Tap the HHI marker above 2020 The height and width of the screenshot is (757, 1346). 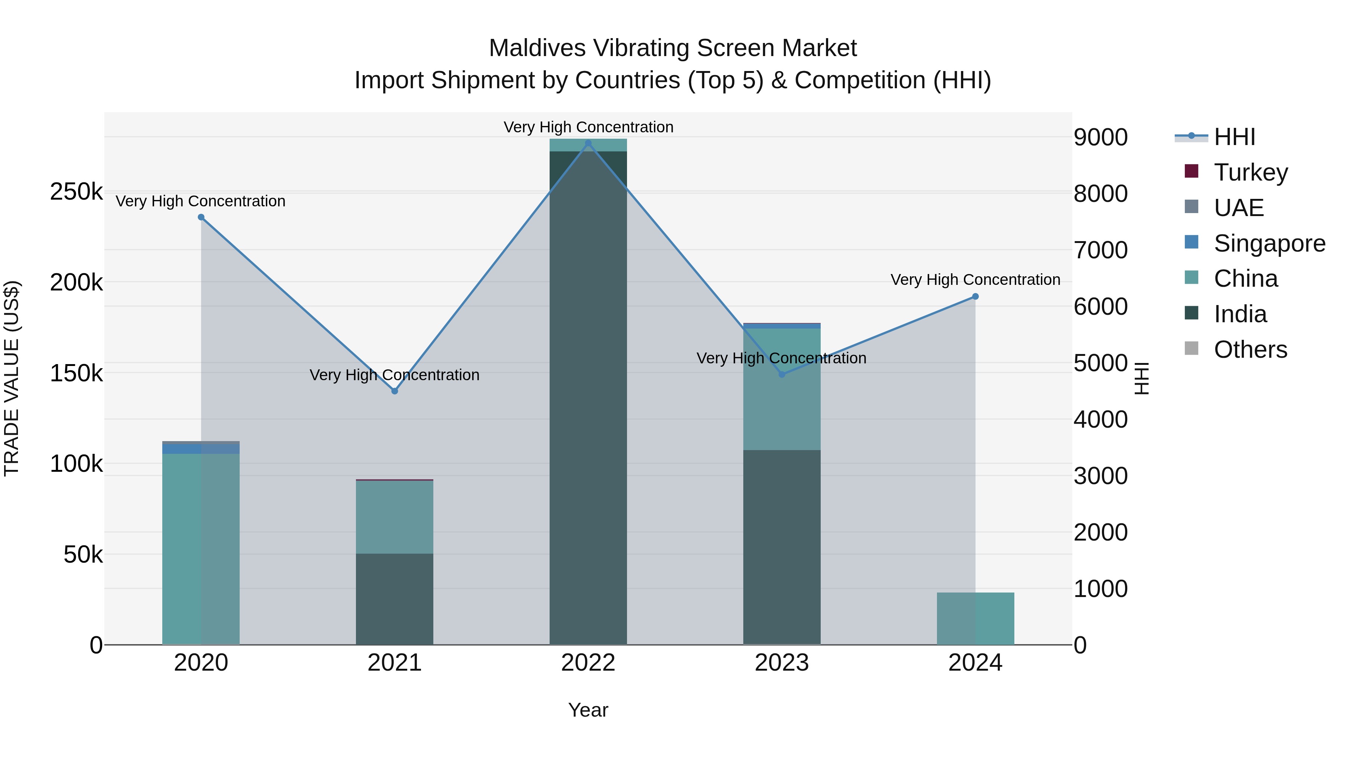pyautogui.click(x=201, y=217)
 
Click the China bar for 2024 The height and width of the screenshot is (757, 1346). pyautogui.click(x=975, y=619)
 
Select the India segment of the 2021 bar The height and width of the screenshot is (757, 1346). pyautogui.click(x=394, y=599)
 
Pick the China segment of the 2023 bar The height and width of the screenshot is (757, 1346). pyautogui.click(x=782, y=389)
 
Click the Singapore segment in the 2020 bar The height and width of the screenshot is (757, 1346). pyautogui.click(x=201, y=449)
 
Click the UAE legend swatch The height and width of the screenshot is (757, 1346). pyautogui.click(x=1191, y=207)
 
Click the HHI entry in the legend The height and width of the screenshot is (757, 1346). pyautogui.click(x=1234, y=137)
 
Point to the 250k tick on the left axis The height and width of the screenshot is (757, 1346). pyautogui.click(x=76, y=192)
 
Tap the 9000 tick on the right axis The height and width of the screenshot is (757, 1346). pyautogui.click(x=1100, y=138)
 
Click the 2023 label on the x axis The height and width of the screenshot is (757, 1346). pyautogui.click(x=782, y=663)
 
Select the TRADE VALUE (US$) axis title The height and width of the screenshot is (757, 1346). pyautogui.click(x=12, y=378)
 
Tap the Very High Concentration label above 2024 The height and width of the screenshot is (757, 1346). pyautogui.click(x=975, y=280)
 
